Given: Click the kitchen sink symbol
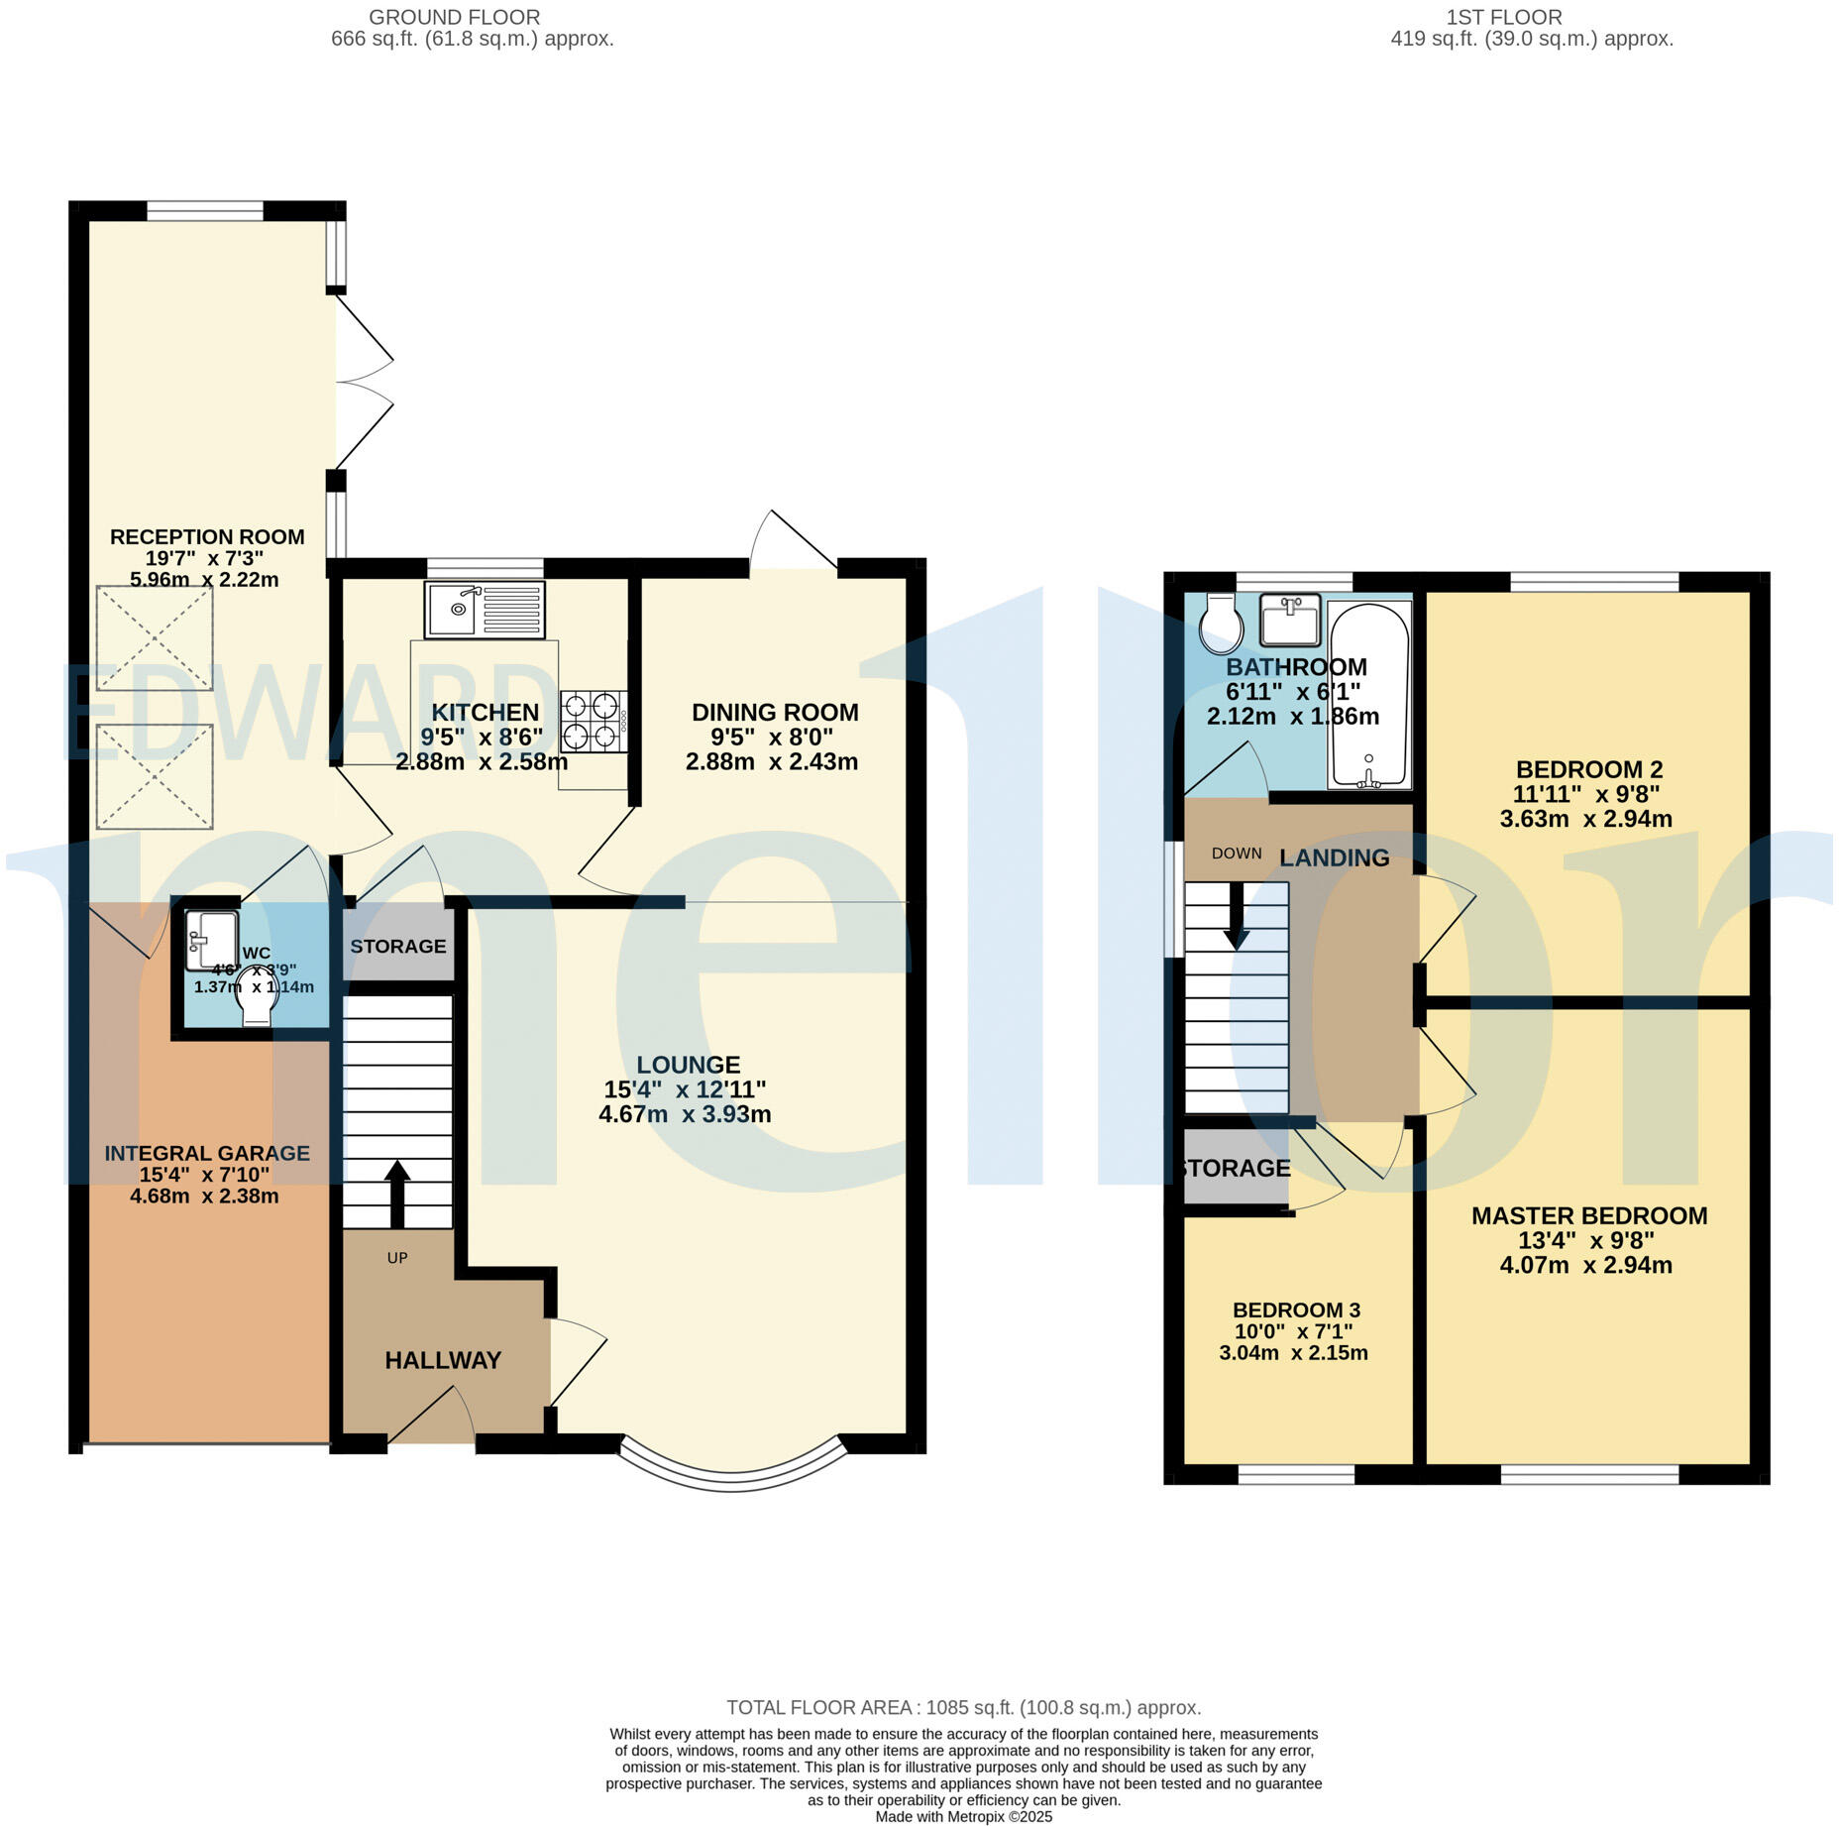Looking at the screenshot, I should tap(485, 610).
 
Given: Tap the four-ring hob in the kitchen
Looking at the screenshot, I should tap(593, 721).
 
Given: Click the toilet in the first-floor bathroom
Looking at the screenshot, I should tap(1221, 622).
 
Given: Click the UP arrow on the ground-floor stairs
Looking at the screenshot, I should tap(396, 1194).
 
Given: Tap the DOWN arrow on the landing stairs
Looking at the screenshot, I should tap(1236, 914).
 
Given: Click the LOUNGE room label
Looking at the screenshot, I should tap(688, 1065).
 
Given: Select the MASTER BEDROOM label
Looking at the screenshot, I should tap(1588, 1215).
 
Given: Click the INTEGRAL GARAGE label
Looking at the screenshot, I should tap(207, 1153).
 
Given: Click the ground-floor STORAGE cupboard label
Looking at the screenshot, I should tap(398, 946).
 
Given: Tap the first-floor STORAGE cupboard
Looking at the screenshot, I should tap(1235, 1169).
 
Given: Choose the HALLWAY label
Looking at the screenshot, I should tap(443, 1360).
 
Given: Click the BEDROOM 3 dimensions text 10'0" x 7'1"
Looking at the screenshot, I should tap(1293, 1331).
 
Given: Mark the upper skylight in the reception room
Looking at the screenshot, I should tap(155, 637).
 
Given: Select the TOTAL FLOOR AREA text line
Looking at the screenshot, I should tap(963, 1707).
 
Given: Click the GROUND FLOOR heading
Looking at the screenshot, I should tap(454, 17).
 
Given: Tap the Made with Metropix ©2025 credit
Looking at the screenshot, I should tap(963, 1816).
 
